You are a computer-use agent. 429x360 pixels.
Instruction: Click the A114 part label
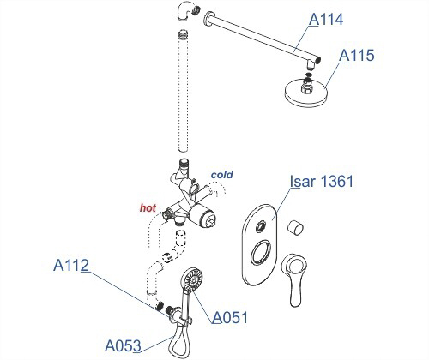point(326,20)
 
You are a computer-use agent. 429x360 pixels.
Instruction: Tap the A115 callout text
point(357,56)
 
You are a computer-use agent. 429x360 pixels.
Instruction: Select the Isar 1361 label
point(322,181)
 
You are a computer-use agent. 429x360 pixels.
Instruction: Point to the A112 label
point(71,265)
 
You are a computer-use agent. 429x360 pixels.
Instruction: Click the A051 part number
point(230,317)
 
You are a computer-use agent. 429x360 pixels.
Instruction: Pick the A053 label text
point(123,345)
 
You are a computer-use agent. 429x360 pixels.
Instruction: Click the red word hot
point(148,208)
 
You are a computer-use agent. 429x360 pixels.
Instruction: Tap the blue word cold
point(222,175)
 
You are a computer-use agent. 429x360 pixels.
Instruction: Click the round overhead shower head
point(305,93)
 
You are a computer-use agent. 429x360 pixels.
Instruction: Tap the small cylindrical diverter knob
point(295,227)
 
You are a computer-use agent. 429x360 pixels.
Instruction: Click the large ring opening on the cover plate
point(261,251)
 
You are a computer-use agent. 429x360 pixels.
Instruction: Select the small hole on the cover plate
point(260,226)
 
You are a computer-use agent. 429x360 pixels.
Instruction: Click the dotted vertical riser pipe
point(183,91)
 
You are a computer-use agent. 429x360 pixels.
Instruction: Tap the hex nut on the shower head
point(307,87)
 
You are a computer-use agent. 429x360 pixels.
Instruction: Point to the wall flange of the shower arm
point(208,19)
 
